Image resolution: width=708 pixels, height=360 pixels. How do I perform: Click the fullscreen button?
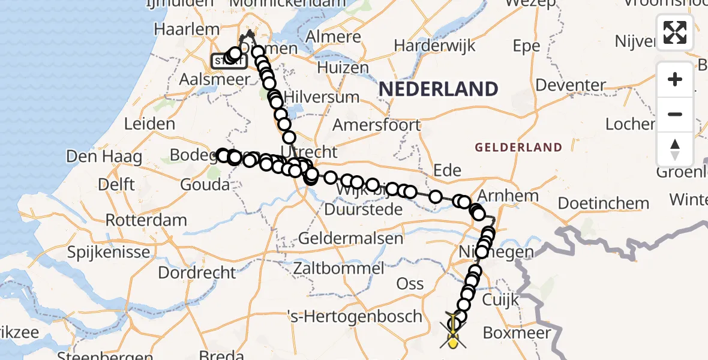675,32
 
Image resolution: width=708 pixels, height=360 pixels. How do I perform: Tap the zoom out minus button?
675,114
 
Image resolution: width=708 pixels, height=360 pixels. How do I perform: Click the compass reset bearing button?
675,149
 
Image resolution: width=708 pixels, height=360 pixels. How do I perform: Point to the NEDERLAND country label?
439,89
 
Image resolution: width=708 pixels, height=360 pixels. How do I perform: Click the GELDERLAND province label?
518,148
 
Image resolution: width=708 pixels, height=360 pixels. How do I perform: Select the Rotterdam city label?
146,220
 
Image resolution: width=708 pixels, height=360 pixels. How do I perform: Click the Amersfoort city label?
377,125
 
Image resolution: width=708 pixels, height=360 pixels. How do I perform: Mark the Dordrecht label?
197,272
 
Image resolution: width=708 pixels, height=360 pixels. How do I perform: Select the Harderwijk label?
434,46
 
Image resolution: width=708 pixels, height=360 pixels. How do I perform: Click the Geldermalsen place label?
350,238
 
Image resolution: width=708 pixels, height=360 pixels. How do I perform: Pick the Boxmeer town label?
517,332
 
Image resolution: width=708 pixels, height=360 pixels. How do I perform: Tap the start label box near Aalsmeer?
225,61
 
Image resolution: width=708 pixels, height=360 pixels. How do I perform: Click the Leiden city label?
149,125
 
